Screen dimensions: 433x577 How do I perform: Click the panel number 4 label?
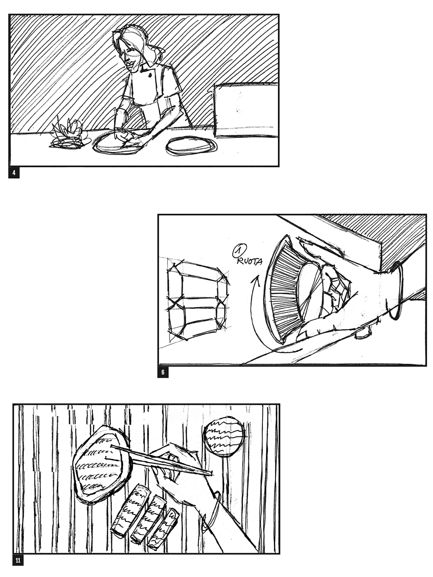[14, 173]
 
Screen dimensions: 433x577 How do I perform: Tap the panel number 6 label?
[163, 372]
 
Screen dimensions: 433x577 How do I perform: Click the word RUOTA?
[250, 261]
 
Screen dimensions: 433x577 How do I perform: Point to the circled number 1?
[240, 251]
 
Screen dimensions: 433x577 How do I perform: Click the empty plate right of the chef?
[192, 145]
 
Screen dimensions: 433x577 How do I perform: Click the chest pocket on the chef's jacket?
[150, 74]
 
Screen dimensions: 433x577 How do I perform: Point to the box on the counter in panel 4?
[246, 110]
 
